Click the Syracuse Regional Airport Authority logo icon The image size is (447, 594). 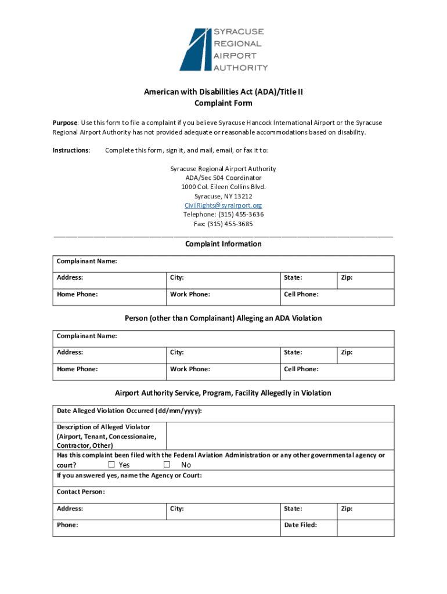click(193, 49)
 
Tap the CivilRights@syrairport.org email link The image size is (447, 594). click(223, 205)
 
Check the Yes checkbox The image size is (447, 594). click(111, 465)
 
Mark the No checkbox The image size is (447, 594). click(167, 465)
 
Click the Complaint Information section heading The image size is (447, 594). click(223, 244)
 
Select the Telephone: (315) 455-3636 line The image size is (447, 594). click(223, 215)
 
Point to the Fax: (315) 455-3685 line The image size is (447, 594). click(223, 224)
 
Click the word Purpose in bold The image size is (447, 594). click(65, 123)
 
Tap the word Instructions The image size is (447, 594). click(71, 150)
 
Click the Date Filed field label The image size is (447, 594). click(300, 525)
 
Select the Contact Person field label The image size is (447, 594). click(81, 492)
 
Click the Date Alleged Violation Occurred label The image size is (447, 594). click(129, 411)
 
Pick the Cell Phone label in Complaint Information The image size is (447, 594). click(301, 294)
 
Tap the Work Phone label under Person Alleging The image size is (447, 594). click(190, 369)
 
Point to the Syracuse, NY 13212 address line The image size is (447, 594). click(223, 196)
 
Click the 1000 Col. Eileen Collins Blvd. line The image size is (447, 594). click(223, 187)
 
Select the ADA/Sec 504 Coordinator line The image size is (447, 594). click(223, 178)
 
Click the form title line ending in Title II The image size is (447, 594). click(223, 92)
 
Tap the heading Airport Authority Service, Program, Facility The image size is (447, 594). click(223, 393)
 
